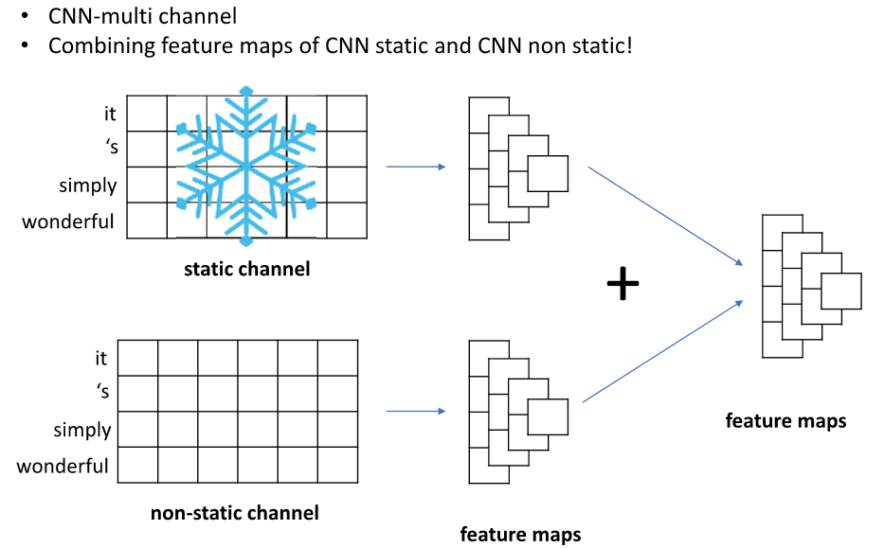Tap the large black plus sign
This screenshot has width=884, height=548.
(x=622, y=284)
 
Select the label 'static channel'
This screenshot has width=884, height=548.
(x=246, y=269)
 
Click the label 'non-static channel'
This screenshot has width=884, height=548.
(x=235, y=513)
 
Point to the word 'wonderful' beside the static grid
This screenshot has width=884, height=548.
(x=68, y=222)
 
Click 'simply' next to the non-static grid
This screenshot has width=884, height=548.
(x=82, y=430)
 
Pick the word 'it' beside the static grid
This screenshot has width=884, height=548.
(x=110, y=114)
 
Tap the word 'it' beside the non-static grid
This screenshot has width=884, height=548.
(x=101, y=359)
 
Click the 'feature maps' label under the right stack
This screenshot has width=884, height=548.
(x=785, y=420)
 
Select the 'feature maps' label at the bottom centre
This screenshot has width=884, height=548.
(x=520, y=534)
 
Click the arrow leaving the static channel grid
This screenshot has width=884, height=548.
(x=416, y=168)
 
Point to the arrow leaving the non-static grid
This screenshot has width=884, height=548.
(x=416, y=412)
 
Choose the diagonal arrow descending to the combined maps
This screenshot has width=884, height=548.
(x=664, y=216)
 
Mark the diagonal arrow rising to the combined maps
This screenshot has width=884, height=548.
(x=661, y=352)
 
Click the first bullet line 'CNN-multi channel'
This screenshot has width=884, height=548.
(x=142, y=15)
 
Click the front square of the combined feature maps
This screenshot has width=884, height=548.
(x=840, y=292)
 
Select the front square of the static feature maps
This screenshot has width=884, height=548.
(x=547, y=174)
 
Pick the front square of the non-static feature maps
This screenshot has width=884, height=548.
(x=547, y=417)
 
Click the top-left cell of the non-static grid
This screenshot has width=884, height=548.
(x=137, y=359)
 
